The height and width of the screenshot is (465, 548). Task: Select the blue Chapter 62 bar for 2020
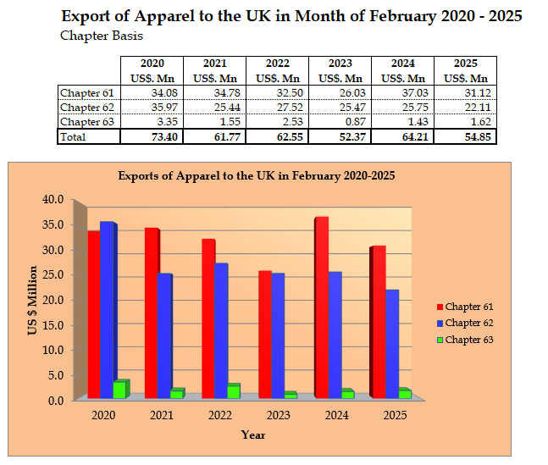pos(107,310)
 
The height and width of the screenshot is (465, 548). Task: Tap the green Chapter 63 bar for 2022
pos(233,390)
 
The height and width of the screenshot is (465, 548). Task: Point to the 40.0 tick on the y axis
pos(53,200)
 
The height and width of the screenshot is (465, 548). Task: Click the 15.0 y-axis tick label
pos(53,324)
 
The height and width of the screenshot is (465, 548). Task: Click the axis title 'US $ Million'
pos(33,300)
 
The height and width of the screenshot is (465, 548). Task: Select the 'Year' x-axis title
pos(252,435)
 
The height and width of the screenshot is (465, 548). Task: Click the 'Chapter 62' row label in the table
pos(87,108)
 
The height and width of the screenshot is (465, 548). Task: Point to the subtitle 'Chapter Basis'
pos(101,36)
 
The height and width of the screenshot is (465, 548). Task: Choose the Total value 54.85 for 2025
pos(465,136)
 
